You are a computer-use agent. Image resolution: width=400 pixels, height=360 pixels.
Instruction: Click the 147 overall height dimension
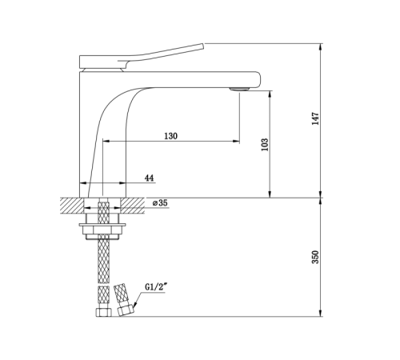315,118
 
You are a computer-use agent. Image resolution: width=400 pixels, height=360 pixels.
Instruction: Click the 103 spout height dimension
265,145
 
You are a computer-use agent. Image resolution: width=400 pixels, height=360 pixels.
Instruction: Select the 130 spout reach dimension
170,136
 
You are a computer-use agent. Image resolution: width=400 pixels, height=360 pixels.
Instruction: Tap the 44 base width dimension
150,178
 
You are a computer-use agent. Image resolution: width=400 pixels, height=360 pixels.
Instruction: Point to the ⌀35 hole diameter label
160,203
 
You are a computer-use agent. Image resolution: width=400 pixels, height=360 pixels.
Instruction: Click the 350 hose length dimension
315,257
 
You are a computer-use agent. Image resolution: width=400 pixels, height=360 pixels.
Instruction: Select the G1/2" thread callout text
156,287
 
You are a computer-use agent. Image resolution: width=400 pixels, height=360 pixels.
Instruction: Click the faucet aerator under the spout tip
239,90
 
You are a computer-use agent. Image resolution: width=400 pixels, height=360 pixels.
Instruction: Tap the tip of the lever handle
203,46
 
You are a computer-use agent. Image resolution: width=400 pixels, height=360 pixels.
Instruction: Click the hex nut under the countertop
102,229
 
